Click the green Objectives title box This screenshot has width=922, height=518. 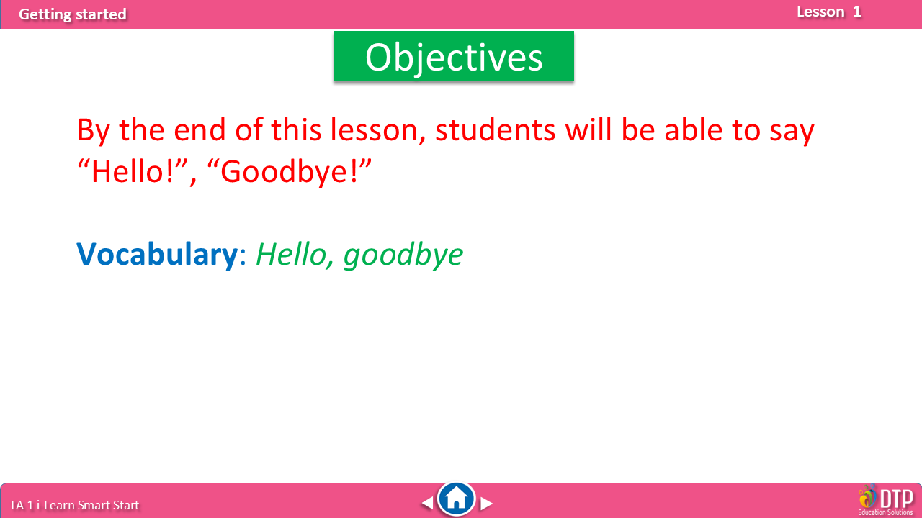coord(454,56)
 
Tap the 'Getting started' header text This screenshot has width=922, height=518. coord(73,14)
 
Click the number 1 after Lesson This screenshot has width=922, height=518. coord(857,12)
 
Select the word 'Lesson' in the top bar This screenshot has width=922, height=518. coord(820,12)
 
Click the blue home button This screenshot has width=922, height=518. coord(456,499)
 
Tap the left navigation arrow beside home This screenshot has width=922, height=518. coord(427,503)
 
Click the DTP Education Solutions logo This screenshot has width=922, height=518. coord(885,501)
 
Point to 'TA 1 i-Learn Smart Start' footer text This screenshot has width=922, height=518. coord(74,505)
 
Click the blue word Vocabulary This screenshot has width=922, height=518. coord(157,255)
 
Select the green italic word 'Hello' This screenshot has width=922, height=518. coord(292,255)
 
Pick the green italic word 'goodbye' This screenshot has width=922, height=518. coord(403,255)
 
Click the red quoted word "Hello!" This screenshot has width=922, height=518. coord(133,171)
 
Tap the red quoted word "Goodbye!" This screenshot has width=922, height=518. coord(289,172)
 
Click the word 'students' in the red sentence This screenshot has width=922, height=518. coord(495,130)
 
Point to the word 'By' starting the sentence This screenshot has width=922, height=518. coord(94,132)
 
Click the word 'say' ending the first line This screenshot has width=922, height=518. coord(792,132)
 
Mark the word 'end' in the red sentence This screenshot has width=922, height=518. coord(200,129)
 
